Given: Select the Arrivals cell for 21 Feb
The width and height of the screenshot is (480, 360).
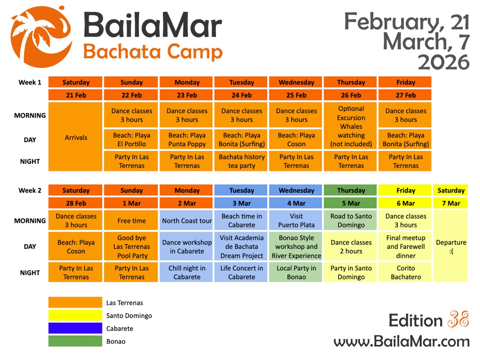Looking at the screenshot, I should (x=75, y=137).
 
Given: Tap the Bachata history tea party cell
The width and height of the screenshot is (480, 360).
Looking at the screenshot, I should (x=242, y=161).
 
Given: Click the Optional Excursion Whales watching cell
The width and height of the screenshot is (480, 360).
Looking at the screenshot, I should (x=351, y=126).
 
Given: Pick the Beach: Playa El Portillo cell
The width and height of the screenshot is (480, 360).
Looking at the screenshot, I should (x=131, y=140).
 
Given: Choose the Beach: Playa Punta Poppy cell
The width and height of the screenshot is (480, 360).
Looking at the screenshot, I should (x=187, y=140).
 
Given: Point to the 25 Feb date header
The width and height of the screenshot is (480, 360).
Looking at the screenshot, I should (x=296, y=95).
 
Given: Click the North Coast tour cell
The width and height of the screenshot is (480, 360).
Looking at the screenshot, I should (x=187, y=221).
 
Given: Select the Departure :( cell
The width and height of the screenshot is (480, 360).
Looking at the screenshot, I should (x=451, y=247).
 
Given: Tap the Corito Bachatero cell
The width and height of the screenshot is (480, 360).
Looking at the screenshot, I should (x=406, y=272).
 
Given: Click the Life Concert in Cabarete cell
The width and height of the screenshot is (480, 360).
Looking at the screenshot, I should (x=242, y=272).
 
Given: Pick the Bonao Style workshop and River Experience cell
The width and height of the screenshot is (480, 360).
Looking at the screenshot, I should (x=296, y=247).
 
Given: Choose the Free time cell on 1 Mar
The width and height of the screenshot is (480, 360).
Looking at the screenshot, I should (x=131, y=221).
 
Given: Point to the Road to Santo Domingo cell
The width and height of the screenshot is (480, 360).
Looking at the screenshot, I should (x=351, y=221).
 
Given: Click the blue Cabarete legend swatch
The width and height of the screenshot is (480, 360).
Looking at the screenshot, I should (x=75, y=328).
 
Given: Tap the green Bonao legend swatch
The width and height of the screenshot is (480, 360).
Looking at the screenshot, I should (x=75, y=341).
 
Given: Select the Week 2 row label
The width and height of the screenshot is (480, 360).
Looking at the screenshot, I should (x=30, y=190).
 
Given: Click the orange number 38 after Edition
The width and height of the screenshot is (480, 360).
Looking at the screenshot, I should (x=458, y=320).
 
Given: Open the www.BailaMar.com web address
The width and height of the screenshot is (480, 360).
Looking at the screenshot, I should (x=401, y=342).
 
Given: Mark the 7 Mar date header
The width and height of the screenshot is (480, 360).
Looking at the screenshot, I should (x=451, y=203).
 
